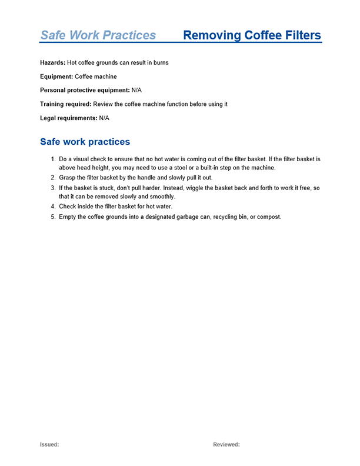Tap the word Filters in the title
(300, 35)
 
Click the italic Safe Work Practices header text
(98, 35)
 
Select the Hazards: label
(53, 63)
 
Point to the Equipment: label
(56, 76)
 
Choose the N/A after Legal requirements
(104, 118)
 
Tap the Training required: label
(66, 104)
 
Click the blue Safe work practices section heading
(85, 142)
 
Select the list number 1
(53, 159)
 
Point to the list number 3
(53, 188)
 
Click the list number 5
(53, 217)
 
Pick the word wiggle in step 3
(200, 188)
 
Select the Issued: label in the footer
(49, 445)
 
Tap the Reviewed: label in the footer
(226, 445)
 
